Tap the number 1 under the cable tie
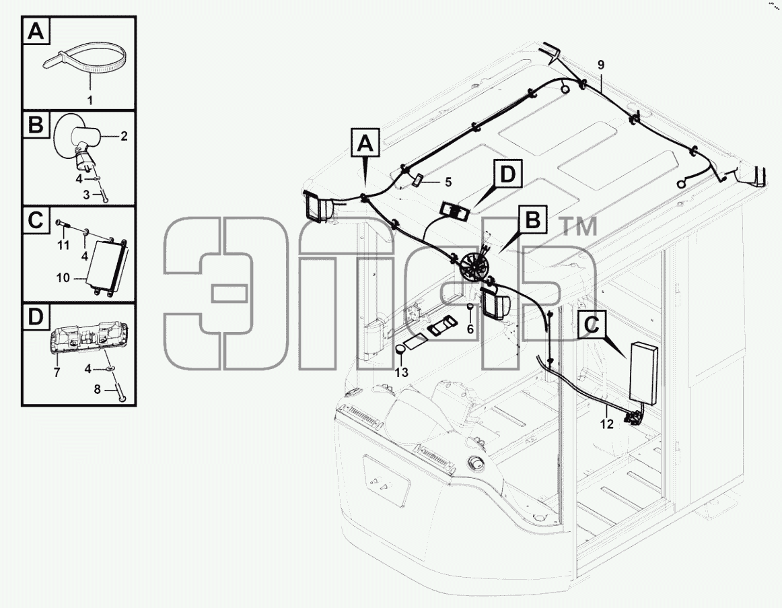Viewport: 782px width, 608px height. coord(90,100)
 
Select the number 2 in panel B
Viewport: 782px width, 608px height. coord(125,135)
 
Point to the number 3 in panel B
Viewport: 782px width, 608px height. coord(86,195)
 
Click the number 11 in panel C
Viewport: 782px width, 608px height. coord(63,246)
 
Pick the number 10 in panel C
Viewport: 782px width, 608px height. coord(63,277)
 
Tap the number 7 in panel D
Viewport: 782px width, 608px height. coord(57,372)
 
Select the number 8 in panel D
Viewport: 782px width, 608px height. coord(98,389)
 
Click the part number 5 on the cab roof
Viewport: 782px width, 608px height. coord(448,182)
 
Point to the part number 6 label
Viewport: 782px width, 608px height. coord(470,329)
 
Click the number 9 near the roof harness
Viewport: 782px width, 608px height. coord(601,65)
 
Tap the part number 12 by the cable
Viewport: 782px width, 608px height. coord(606,424)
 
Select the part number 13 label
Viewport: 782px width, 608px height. coord(402,372)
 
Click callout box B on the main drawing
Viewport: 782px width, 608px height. coord(532,220)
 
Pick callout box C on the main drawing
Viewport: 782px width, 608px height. coord(592,325)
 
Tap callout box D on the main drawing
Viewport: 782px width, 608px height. coord(507,174)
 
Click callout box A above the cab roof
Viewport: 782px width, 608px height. coord(365,143)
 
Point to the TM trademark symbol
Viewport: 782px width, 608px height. coord(579,227)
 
